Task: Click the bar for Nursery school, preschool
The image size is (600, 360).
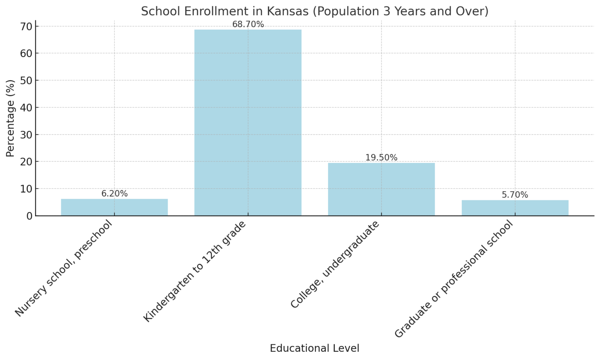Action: (x=114, y=207)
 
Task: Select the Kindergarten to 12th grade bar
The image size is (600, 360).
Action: (x=248, y=123)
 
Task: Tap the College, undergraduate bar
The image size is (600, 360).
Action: (x=381, y=189)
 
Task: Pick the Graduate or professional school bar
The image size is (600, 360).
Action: (x=515, y=208)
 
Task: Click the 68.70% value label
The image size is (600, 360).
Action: (x=248, y=25)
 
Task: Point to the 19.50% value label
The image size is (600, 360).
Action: (x=381, y=158)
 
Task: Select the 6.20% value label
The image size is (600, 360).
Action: (x=114, y=194)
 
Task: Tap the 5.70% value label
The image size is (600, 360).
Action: (x=515, y=195)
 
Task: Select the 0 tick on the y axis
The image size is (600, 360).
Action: (x=30, y=216)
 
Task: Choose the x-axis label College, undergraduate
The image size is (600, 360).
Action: (x=335, y=265)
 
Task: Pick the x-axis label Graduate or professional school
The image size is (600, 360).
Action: (x=453, y=279)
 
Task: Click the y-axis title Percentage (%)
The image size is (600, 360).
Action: (x=11, y=118)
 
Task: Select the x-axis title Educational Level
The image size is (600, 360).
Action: (x=314, y=348)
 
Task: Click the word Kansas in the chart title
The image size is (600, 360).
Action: (x=287, y=11)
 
